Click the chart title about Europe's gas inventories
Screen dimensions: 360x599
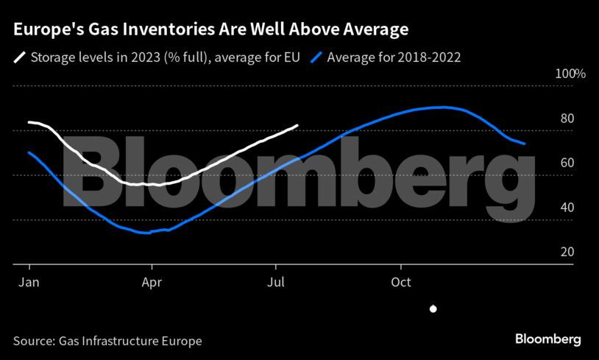click(210, 30)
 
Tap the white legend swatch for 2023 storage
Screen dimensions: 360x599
click(21, 57)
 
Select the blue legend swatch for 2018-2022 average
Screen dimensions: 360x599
click(317, 57)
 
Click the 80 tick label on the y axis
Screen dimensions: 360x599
click(567, 119)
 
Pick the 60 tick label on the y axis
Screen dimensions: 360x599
click(567, 163)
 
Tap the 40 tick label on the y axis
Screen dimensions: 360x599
click(567, 207)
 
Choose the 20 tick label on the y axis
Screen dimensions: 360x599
click(567, 252)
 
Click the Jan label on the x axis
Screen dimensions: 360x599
click(28, 282)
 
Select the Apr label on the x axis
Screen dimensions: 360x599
click(152, 282)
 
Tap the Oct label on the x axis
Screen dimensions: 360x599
click(401, 282)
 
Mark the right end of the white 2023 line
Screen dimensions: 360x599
click(297, 125)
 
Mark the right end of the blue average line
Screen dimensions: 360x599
click(524, 144)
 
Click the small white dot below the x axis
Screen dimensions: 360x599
click(433, 309)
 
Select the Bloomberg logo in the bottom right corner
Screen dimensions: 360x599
click(547, 339)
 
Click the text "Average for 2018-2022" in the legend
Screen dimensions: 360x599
click(394, 57)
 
